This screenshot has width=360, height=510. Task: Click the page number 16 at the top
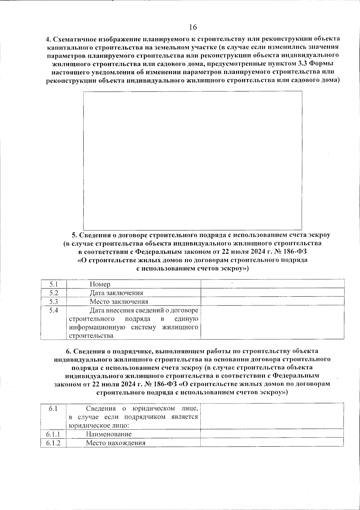(193, 27)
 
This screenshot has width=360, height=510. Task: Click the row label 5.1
(54, 284)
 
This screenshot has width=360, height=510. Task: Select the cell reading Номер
(100, 284)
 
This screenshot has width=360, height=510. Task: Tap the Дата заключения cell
(116, 293)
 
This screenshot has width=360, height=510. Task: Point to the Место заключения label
(119, 301)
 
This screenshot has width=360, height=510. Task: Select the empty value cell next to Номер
(272, 284)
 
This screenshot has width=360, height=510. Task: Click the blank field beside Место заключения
(272, 301)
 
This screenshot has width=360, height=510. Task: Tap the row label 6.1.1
(53, 434)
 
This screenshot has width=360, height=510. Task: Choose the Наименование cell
(109, 434)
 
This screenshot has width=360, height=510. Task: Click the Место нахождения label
(115, 443)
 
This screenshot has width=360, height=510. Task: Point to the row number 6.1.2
(53, 443)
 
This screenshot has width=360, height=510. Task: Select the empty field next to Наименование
(272, 434)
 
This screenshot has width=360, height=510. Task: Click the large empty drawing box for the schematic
(193, 160)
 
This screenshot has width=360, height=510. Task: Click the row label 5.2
(54, 293)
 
